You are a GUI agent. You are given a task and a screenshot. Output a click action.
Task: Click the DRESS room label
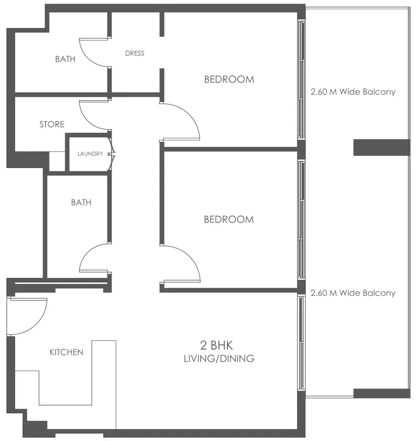tap(135, 53)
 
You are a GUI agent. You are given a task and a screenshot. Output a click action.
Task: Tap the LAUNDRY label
tap(90, 154)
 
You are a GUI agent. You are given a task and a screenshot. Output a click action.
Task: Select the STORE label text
tap(52, 124)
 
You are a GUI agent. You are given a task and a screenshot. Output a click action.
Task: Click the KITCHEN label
tap(67, 352)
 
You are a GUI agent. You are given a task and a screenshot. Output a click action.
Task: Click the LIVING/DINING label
tap(219, 358)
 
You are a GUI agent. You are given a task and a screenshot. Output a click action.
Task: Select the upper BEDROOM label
tap(229, 79)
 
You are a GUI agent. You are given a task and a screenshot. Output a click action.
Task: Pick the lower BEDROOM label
tap(229, 220)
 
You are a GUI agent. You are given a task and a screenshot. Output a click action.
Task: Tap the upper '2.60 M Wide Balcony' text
tap(353, 92)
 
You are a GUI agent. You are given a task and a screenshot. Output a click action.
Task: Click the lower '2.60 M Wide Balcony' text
tap(353, 293)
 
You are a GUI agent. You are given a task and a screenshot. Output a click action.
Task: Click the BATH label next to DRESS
tap(65, 59)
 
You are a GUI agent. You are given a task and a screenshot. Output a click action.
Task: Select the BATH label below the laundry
tap(81, 203)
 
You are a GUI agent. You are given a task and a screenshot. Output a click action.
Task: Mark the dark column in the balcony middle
tap(381, 147)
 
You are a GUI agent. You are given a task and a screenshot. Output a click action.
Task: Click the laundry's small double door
tap(112, 154)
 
